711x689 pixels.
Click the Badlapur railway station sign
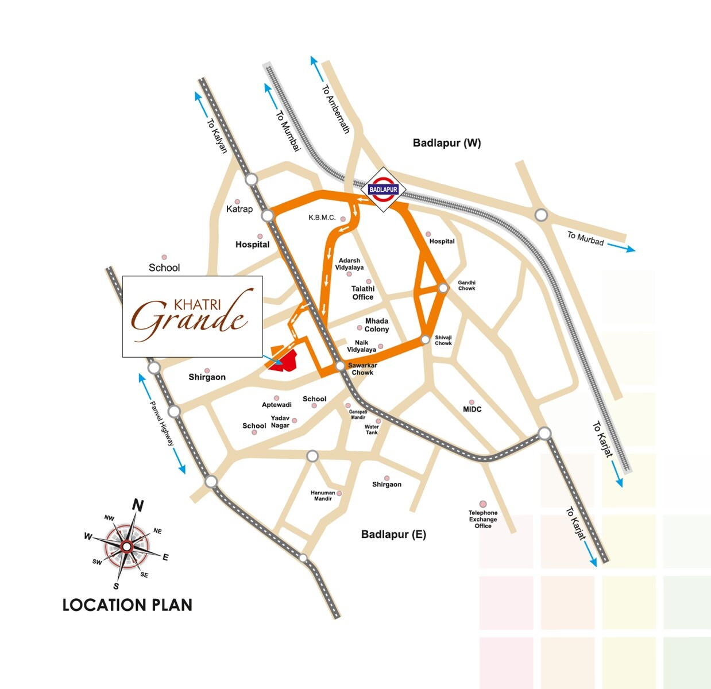click(x=383, y=189)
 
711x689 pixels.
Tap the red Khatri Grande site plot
click(x=283, y=360)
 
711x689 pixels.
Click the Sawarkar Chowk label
click(x=362, y=369)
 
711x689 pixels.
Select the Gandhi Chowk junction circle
click(x=443, y=288)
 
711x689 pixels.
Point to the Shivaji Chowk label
click(x=443, y=340)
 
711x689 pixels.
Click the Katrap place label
click(x=239, y=209)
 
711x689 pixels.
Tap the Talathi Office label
click(x=363, y=293)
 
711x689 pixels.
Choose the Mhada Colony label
click(x=377, y=325)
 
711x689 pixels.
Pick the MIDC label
click(x=472, y=409)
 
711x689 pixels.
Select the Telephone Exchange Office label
click(x=483, y=519)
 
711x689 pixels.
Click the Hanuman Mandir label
click(x=323, y=496)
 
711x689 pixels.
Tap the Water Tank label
click(x=372, y=429)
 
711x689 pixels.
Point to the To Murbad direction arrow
click(x=621, y=247)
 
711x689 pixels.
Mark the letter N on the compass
click(x=138, y=505)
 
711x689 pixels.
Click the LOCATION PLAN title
click(x=127, y=605)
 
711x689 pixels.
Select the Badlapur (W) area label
click(x=447, y=143)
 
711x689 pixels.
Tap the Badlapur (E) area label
click(x=393, y=535)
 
